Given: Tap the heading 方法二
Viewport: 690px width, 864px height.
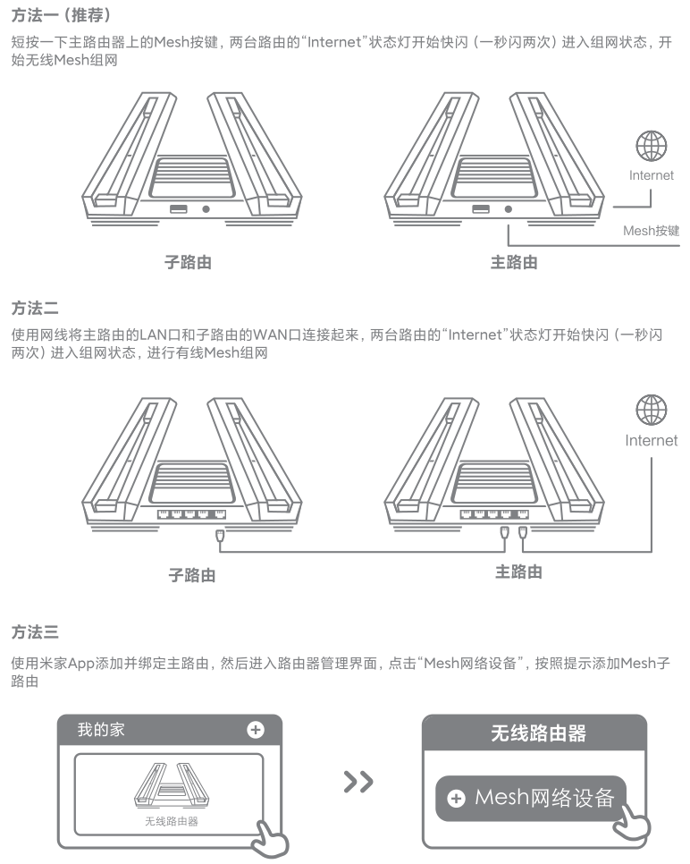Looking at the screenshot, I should tap(35, 309).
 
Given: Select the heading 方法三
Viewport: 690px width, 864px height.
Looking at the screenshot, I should tap(35, 633).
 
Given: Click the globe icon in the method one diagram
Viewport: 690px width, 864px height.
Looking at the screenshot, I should tap(651, 145).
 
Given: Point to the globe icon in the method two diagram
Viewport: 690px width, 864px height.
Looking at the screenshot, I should tap(651, 411).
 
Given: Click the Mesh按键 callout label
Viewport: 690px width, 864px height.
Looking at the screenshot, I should tap(651, 231).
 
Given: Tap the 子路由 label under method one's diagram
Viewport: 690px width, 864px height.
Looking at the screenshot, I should tap(188, 263).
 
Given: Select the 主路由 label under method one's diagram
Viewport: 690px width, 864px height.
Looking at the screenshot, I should tap(514, 263).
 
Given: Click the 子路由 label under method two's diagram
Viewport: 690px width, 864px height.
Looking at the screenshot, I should tap(192, 574).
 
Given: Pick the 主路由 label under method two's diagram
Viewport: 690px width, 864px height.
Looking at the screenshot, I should tap(518, 572).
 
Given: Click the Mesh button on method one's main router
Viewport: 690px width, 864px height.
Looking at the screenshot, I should tap(509, 209).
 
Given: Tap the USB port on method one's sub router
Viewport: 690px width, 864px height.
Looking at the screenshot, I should tap(178, 209).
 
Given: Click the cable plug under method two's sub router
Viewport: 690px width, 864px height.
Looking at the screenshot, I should tap(220, 536).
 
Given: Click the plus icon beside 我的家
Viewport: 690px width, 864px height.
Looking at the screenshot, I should tap(256, 730).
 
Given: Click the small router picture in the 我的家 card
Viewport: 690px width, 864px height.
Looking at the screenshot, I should tap(170, 786).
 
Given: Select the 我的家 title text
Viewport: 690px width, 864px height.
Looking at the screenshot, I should tap(101, 730).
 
